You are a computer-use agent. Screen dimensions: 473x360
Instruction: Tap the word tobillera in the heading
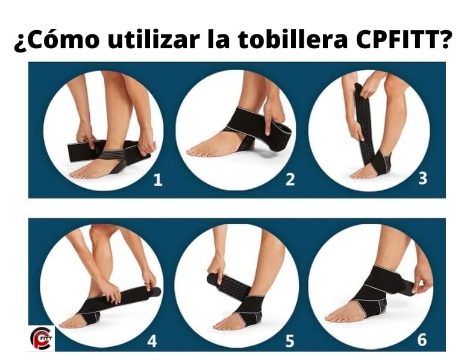click(x=293, y=40)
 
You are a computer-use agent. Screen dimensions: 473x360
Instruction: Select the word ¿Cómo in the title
click(x=57, y=40)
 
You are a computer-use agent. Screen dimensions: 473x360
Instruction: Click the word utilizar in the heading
click(x=154, y=40)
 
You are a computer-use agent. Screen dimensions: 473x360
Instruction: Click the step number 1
click(x=158, y=180)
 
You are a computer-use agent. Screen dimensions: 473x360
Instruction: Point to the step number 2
click(x=290, y=179)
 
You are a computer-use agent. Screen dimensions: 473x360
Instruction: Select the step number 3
click(x=423, y=178)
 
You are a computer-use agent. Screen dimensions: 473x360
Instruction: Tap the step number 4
click(x=152, y=341)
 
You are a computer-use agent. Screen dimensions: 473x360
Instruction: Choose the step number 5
click(x=289, y=341)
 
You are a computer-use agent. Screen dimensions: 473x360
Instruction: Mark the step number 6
click(x=422, y=339)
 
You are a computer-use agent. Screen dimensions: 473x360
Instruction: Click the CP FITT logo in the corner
click(x=42, y=338)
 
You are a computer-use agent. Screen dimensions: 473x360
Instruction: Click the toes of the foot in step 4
click(x=69, y=324)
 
